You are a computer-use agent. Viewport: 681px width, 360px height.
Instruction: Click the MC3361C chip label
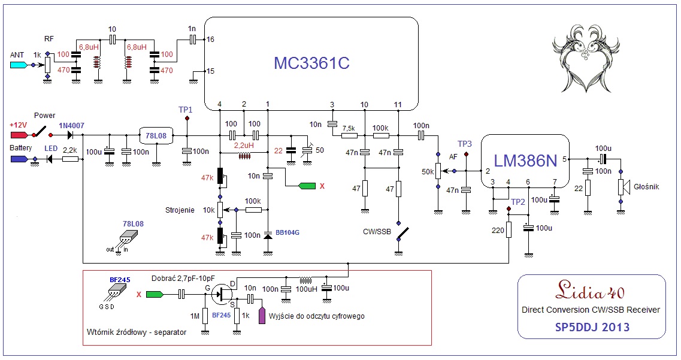pos(311,63)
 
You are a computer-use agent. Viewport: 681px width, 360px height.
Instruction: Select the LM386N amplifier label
pos(525,161)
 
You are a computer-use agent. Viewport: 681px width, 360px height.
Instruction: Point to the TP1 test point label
pos(186,110)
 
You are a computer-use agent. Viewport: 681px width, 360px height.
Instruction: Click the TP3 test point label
pos(465,144)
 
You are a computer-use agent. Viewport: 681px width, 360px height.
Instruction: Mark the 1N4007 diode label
pos(71,125)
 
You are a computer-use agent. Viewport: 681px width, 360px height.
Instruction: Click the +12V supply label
pos(18,125)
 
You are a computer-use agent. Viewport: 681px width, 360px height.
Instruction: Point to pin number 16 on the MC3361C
pos(210,40)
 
